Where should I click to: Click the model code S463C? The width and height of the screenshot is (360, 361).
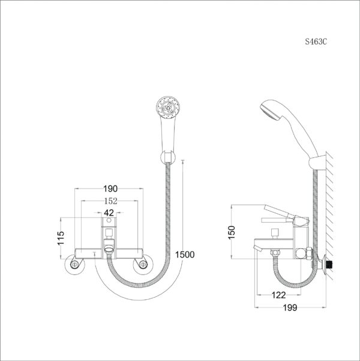tap(316, 43)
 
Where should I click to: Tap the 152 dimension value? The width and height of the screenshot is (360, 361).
tap(109, 201)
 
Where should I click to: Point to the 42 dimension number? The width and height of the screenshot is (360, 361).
tap(109, 213)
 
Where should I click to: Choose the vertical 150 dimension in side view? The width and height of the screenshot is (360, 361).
tap(232, 232)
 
